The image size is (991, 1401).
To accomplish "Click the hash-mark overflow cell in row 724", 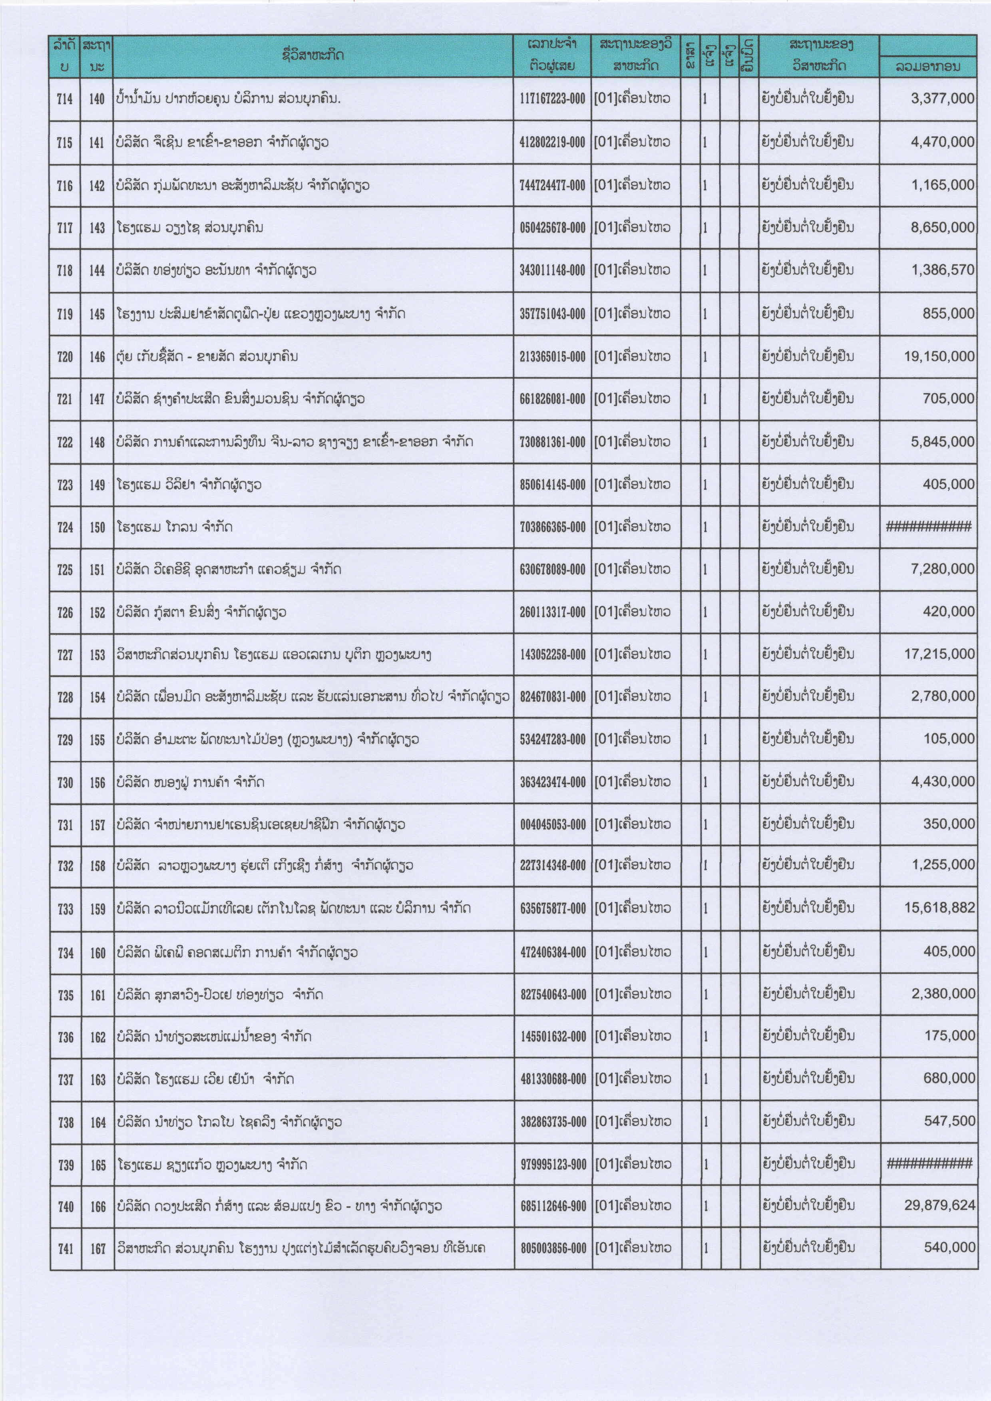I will click(928, 527).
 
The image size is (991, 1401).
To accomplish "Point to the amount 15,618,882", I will click(940, 908).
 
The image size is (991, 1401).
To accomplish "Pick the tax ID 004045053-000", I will click(552, 825).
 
